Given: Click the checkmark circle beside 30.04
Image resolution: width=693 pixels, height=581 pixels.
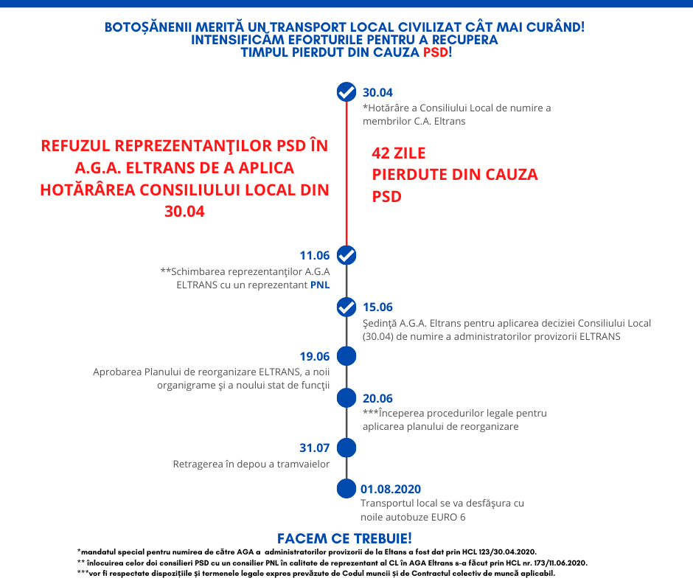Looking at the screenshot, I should click(346, 92).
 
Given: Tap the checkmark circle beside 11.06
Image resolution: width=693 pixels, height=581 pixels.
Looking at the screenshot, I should click(346, 255).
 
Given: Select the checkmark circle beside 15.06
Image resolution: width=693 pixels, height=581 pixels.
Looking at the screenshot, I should click(346, 307).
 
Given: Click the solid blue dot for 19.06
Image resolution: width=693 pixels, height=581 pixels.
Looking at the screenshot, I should click(346, 356).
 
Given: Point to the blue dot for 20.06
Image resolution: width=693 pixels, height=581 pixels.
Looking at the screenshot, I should click(346, 398).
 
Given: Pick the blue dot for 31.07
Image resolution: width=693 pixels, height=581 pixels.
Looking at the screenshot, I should click(346, 448).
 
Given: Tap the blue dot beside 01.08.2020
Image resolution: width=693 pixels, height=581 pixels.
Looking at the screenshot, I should click(346, 488).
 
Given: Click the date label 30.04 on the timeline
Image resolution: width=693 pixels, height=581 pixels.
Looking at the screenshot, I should click(377, 93).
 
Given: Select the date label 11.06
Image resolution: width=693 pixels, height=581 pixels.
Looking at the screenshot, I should click(314, 256).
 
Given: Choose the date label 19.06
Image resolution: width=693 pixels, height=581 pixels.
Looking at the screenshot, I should click(314, 357).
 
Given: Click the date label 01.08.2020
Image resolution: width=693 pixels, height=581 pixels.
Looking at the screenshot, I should click(391, 489).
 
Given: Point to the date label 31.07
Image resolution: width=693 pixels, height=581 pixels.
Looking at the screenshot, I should click(314, 448).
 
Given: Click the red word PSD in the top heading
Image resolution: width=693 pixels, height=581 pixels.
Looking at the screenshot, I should click(435, 53).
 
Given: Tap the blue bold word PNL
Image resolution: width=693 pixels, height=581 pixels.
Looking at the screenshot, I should click(320, 285).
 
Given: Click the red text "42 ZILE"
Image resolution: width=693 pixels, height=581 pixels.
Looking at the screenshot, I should click(399, 154).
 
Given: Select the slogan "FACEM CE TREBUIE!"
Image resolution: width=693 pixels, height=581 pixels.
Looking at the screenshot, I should click(344, 538).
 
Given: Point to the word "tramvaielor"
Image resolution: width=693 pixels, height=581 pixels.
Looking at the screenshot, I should click(302, 465).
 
